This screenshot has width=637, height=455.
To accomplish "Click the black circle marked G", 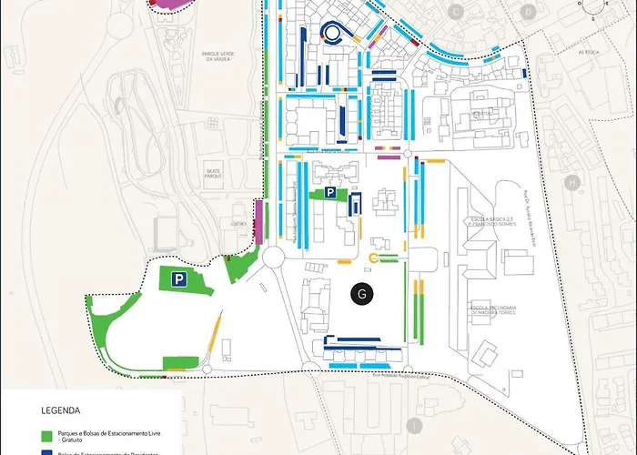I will [x=362, y=294].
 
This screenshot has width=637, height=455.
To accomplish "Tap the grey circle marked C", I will [x=456, y=11].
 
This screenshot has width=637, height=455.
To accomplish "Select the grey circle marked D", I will [x=528, y=11].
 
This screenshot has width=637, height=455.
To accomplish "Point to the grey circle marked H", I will [x=572, y=184].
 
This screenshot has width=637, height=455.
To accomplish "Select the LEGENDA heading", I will [x=60, y=410].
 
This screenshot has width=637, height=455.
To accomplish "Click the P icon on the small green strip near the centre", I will [x=332, y=193].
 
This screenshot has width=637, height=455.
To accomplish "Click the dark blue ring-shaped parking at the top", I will [x=332, y=32].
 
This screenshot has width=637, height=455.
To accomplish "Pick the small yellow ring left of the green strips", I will [x=373, y=259].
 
